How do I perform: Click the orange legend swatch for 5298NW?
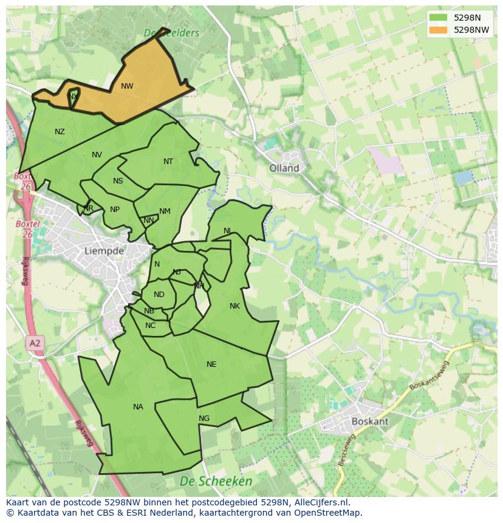pyautogui.click(x=437, y=29)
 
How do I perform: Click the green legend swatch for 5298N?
pyautogui.click(x=437, y=17)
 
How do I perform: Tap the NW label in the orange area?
pyautogui.click(x=126, y=86)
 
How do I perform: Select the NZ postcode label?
pyautogui.click(x=60, y=132)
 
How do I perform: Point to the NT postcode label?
pyautogui.click(x=168, y=162)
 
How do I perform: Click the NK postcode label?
pyautogui.click(x=234, y=306)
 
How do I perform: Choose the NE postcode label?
pyautogui.click(x=211, y=364)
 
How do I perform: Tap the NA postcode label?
pyautogui.click(x=138, y=407)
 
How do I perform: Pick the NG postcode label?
pyautogui.click(x=204, y=419)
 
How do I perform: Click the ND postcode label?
pyautogui.click(x=159, y=295)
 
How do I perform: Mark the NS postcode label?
pyautogui.click(x=118, y=181)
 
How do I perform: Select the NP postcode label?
pyautogui.click(x=115, y=210)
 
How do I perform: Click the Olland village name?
pyautogui.click(x=284, y=168)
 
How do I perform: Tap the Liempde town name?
pyautogui.click(x=104, y=250)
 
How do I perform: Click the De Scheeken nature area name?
pyautogui.click(x=216, y=481)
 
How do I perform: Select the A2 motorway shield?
pyautogui.click(x=35, y=343)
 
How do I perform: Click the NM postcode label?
pyautogui.click(x=165, y=211)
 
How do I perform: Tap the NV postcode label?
pyautogui.click(x=97, y=155)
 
